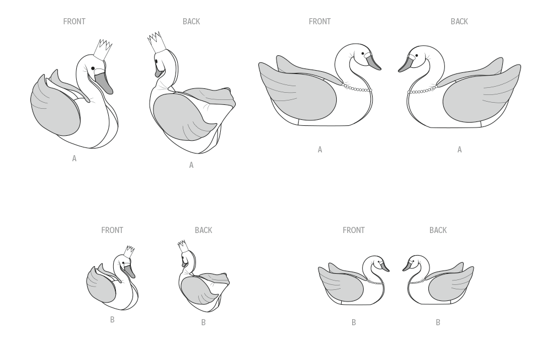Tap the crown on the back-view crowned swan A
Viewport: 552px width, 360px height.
click(156, 43)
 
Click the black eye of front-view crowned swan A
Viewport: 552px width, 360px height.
click(93, 68)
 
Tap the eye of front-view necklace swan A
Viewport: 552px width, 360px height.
click(363, 54)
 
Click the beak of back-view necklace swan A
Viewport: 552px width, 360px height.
click(405, 63)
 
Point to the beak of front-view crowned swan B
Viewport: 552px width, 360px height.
click(130, 271)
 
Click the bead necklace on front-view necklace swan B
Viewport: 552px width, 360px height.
click(375, 282)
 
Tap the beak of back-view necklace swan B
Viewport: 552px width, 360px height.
click(407, 266)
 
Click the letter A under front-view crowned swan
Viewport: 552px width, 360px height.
click(75, 158)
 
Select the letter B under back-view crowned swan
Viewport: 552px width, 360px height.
click(204, 322)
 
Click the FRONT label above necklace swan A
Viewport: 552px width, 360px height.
click(320, 22)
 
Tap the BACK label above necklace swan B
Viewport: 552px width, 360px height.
click(438, 230)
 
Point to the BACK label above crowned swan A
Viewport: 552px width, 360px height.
click(191, 22)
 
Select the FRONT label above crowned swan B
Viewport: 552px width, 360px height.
click(112, 230)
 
